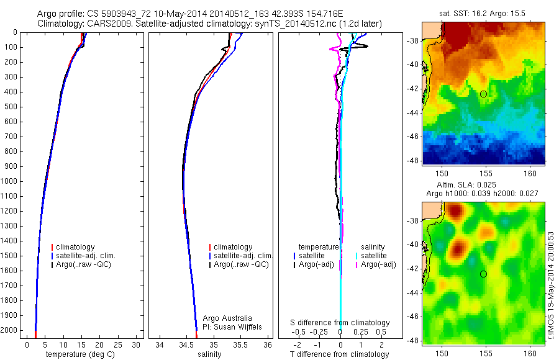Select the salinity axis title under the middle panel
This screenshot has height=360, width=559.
[209, 354]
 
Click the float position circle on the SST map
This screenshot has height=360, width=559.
[483, 94]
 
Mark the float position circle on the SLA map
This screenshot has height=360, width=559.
[483, 274]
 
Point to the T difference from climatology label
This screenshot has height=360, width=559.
[339, 354]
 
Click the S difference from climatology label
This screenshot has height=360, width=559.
[340, 323]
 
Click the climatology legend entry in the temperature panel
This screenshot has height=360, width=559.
[78, 247]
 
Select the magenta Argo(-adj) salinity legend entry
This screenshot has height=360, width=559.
[378, 265]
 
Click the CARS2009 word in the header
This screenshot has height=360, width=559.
[102, 24]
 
